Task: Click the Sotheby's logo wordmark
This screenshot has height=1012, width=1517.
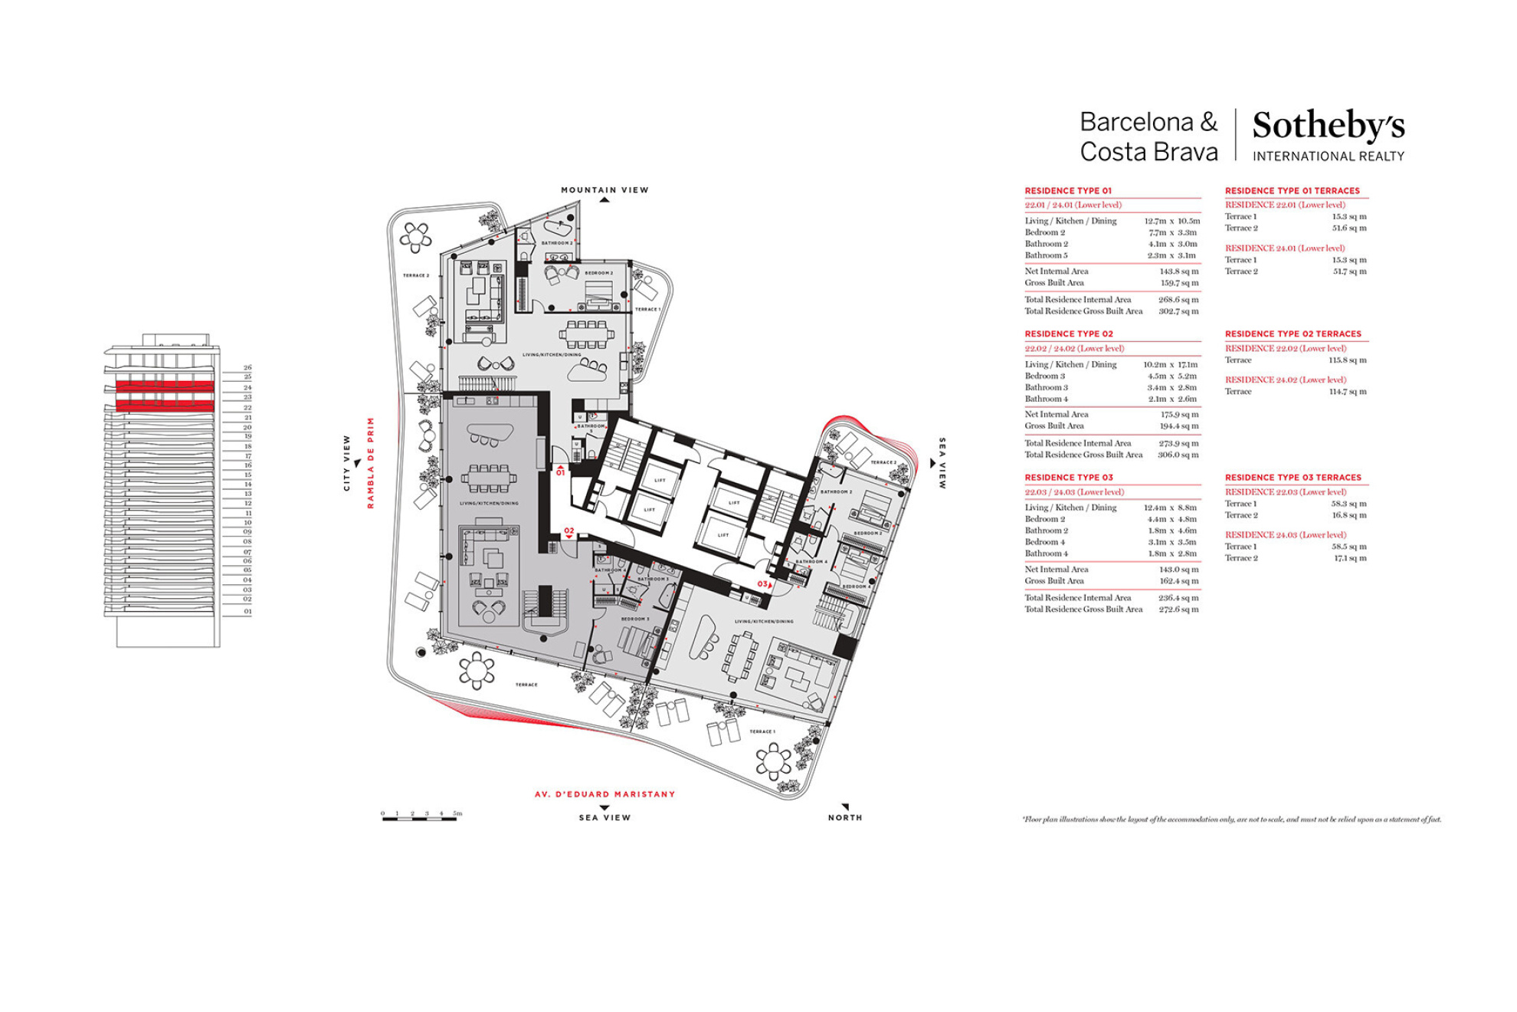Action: [x=1328, y=126]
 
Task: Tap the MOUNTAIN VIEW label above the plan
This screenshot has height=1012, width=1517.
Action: [x=605, y=190]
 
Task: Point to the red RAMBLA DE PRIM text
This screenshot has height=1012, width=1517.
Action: [x=371, y=462]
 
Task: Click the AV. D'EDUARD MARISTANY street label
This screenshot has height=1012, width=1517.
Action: [x=605, y=794]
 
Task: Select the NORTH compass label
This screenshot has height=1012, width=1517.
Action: [x=844, y=818]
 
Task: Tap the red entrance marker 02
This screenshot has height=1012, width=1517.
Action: [x=568, y=531]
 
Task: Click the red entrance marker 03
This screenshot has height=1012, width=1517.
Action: [x=762, y=584]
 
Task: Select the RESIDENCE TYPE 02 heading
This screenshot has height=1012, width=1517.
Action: [x=1068, y=334]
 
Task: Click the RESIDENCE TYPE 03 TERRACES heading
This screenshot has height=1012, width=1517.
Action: [x=1293, y=478]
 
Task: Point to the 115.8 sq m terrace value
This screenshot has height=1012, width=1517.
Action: [x=1347, y=360]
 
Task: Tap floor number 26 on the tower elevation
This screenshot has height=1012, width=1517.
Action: [x=247, y=368]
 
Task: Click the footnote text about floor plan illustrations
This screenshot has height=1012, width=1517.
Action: [x=1231, y=820]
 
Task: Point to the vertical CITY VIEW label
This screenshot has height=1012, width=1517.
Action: [x=346, y=462]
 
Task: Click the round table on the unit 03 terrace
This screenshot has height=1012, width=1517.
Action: [x=773, y=761]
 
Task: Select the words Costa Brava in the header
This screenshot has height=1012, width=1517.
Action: [x=1148, y=152]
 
